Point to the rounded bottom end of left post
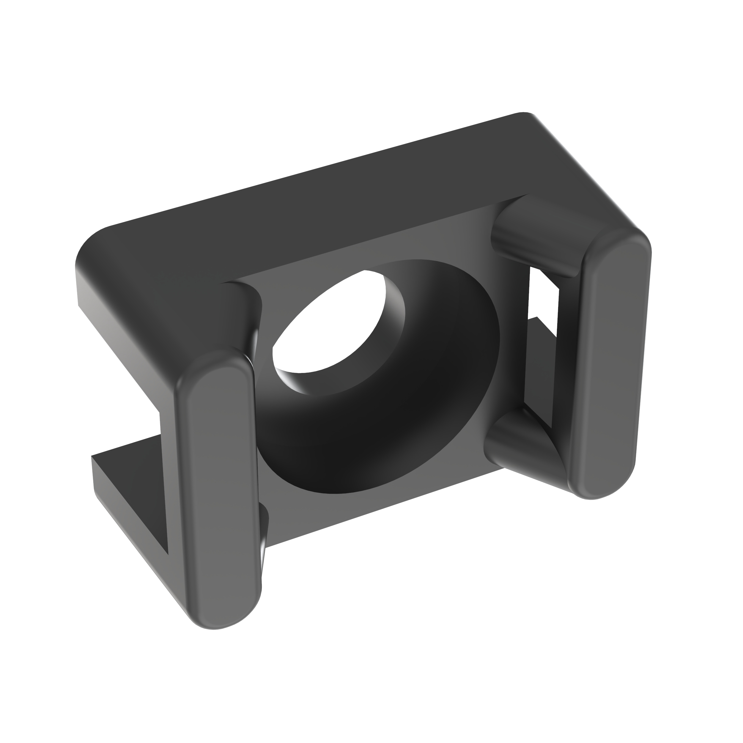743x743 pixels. (x=223, y=611)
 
